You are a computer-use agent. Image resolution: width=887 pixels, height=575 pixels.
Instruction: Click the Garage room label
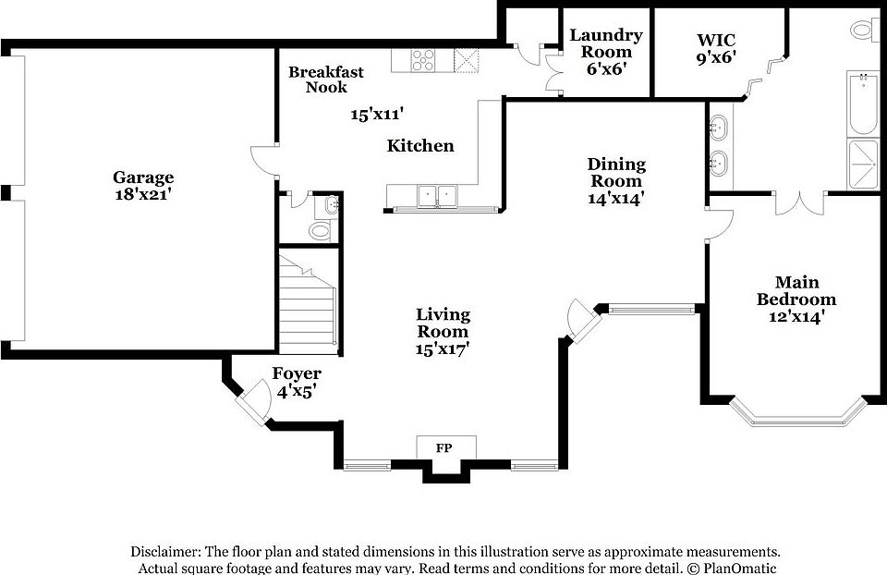[x=143, y=177]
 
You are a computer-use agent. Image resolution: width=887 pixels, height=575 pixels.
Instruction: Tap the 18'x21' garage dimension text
[x=143, y=195]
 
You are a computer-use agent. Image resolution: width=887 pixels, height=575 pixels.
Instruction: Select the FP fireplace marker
[x=444, y=447]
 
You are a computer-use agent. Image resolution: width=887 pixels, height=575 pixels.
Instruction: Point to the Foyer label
[x=297, y=374]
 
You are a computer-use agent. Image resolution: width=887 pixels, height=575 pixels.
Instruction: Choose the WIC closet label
[x=715, y=39]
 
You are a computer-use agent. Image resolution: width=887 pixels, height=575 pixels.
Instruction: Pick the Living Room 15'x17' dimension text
[x=443, y=349]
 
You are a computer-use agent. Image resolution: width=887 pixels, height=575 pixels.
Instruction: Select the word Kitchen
[x=420, y=146]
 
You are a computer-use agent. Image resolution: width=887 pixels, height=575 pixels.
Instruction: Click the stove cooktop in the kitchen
[x=424, y=60]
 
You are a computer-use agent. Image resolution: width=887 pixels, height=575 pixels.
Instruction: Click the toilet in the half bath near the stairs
[x=322, y=230]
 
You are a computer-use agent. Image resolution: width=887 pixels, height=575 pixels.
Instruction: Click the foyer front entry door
[x=249, y=401]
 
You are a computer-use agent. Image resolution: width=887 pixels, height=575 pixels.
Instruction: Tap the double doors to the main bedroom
[x=799, y=203]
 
